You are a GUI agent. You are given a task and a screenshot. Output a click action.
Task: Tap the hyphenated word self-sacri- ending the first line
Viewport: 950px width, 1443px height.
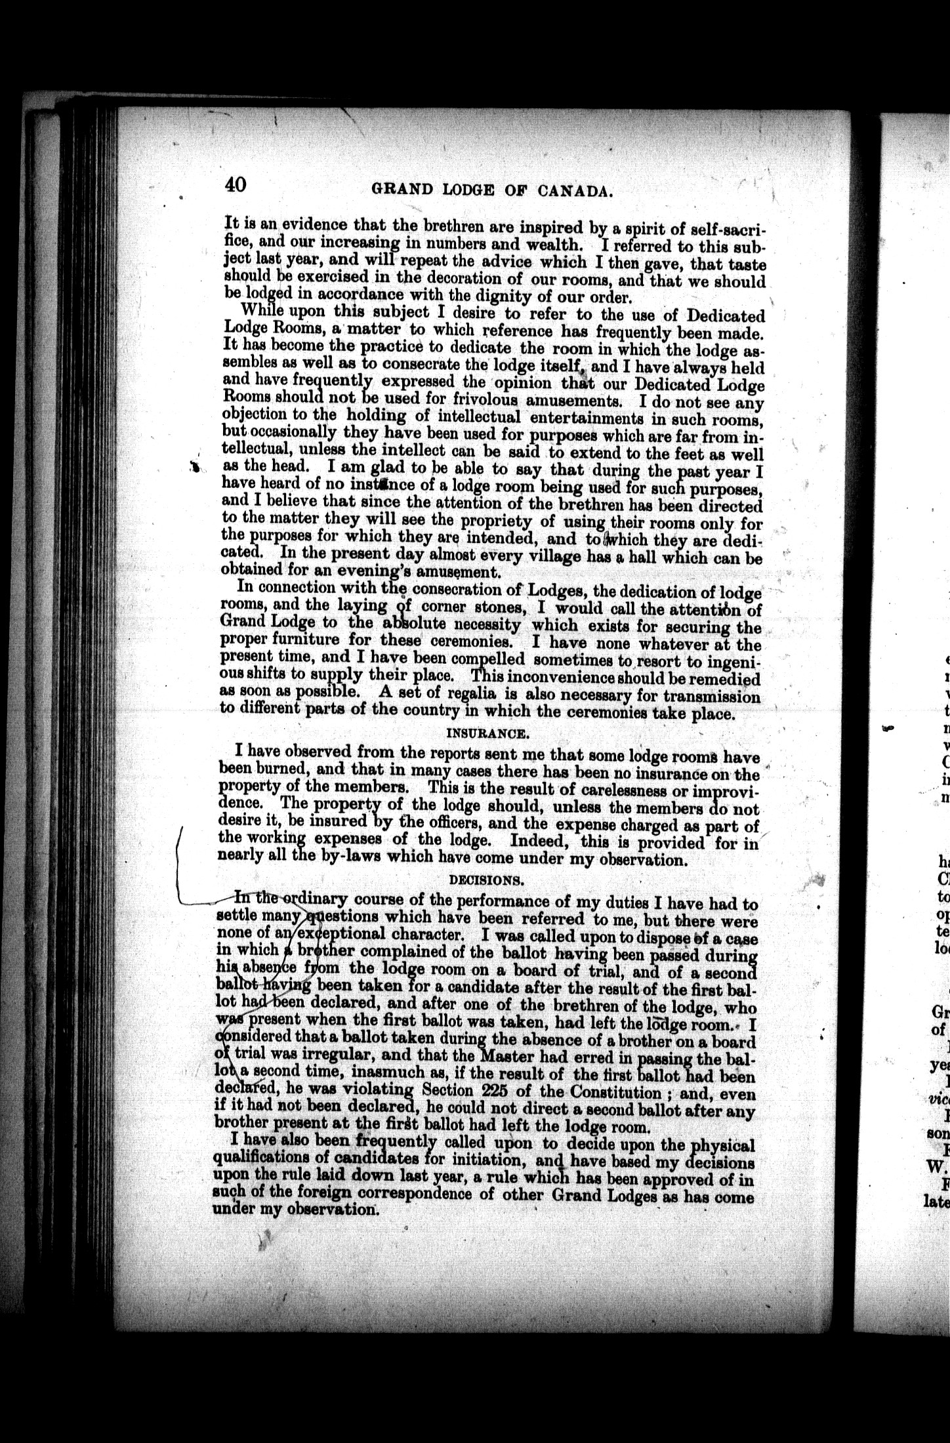pos(722,229)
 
